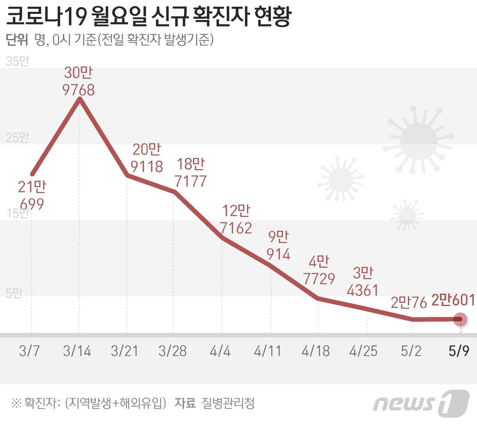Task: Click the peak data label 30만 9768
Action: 79,82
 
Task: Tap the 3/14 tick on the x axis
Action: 77,351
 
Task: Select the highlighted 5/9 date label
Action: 459,351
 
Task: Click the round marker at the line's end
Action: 460,319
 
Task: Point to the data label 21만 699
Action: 32,195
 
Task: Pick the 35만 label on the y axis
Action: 17,62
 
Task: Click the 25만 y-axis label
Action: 17,138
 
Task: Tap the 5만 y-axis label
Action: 14,293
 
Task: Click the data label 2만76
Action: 409,302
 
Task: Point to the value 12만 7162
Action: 236,220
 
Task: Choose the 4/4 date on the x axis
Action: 220,351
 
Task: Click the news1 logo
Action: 421,403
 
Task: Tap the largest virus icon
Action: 418,140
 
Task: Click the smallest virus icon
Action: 406,215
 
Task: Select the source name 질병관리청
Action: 228,403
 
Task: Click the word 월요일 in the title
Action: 121,16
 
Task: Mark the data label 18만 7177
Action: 191,173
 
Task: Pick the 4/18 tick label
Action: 316,351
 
